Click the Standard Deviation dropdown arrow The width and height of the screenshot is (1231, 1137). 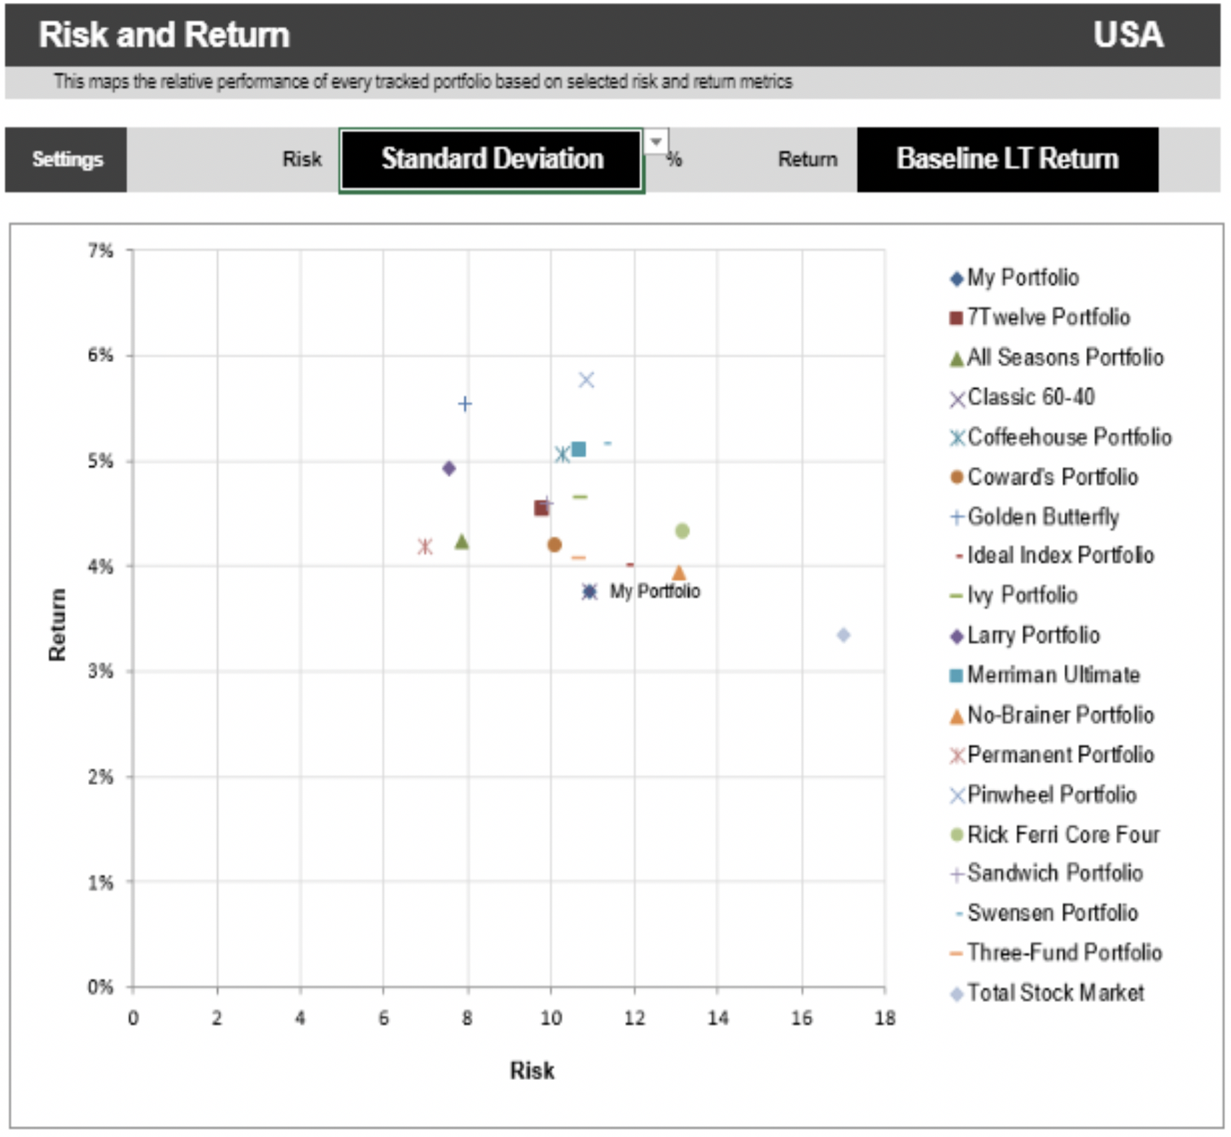point(655,141)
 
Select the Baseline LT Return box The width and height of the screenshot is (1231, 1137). point(1007,159)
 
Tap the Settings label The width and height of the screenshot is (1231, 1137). point(66,159)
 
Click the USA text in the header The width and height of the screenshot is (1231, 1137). point(1127,35)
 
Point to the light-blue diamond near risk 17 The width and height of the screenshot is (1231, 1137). point(843,635)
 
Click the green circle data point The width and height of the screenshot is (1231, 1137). point(682,531)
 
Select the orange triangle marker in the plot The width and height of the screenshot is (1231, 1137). point(678,574)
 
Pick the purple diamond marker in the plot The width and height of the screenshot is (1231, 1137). point(449,469)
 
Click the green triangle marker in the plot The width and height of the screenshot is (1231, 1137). point(462,542)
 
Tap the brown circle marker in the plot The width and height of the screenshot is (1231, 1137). point(554,545)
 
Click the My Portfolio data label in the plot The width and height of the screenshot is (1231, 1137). point(654,592)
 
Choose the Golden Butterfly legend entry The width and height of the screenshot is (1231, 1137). point(1042,517)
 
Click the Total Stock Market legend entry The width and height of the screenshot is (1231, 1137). point(1054,993)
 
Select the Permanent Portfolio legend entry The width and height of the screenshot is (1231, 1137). point(1059,755)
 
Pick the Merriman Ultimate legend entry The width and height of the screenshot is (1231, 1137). point(1052,675)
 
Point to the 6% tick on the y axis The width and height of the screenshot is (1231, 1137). point(100,356)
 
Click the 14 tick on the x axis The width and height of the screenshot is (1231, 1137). point(717,1018)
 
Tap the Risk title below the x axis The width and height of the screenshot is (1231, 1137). point(532,1071)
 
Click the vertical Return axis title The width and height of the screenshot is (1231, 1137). point(57,625)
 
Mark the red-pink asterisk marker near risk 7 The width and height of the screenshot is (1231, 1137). point(425,547)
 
